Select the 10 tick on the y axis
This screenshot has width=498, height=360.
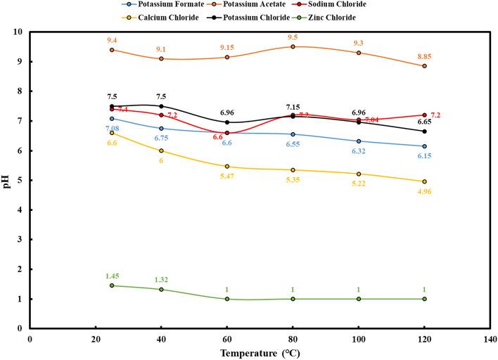tap(19, 32)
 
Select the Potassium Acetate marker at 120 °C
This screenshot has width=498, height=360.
tap(424, 66)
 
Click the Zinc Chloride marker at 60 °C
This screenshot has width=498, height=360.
tap(226, 299)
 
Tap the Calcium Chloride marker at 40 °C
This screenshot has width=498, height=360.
tap(161, 150)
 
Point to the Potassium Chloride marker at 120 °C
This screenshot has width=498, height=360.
tap(424, 131)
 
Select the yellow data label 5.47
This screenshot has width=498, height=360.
tap(227, 176)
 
